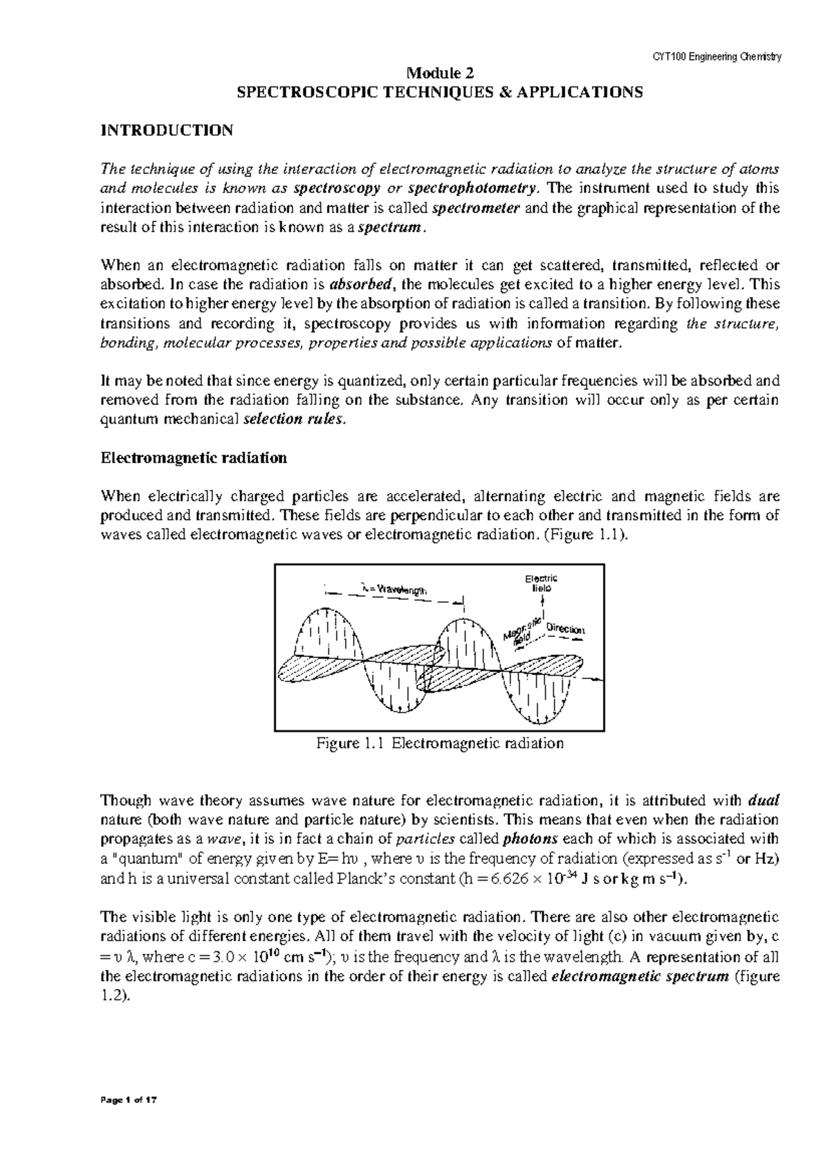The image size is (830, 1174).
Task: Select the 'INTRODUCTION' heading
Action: point(167,130)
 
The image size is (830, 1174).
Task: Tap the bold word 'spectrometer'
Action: point(477,208)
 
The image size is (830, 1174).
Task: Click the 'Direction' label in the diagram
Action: point(565,629)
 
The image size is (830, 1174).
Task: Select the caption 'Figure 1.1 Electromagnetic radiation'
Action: point(440,743)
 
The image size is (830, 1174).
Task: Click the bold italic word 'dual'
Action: point(764,801)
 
